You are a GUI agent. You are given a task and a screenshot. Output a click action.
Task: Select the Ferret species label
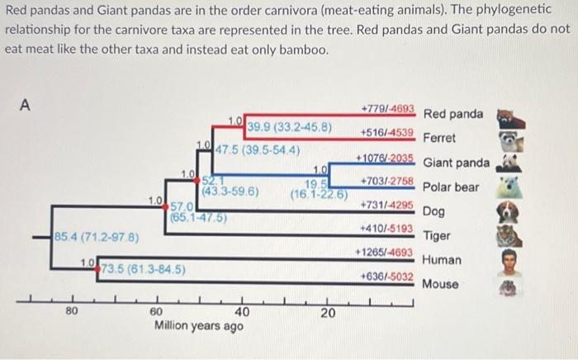coord(439,138)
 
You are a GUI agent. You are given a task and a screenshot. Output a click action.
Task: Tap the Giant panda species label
coord(456,163)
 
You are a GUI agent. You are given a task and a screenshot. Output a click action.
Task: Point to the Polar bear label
coord(451,187)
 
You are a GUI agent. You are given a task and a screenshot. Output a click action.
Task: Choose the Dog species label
coord(434,211)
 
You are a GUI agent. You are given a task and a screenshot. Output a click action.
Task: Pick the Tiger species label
coord(436,235)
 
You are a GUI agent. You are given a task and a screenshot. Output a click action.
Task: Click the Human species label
coord(442,259)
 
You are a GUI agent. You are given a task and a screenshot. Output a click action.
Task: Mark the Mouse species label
coord(441,284)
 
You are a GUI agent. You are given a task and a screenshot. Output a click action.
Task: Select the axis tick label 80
coord(73,312)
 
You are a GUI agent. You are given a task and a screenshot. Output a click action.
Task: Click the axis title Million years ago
coord(199,326)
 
